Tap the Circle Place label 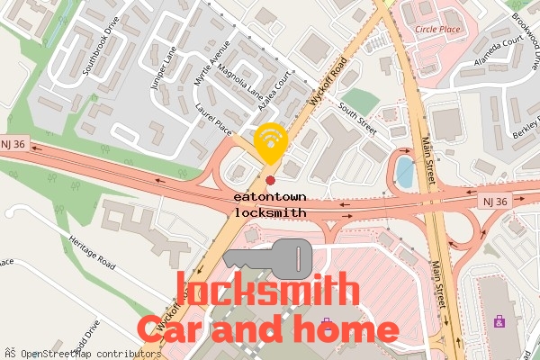pos(438,29)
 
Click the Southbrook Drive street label pos(100,45)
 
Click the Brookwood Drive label pos(524,36)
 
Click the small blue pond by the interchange pos(405,171)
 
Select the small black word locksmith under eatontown pos(270,212)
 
